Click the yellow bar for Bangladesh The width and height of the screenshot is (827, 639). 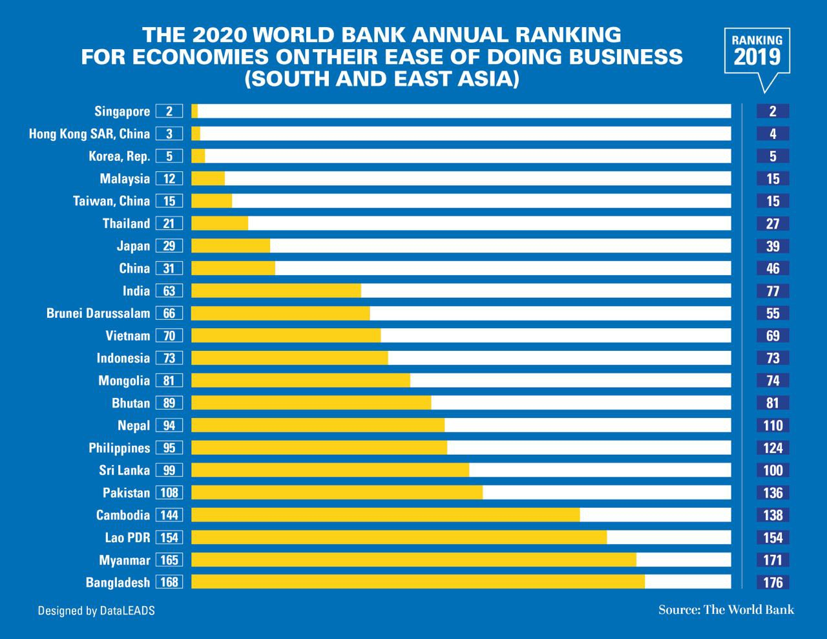tap(418, 581)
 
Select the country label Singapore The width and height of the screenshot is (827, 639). tap(122, 111)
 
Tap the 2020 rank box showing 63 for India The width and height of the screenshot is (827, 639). tap(169, 291)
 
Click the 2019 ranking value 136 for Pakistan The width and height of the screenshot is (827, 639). tap(773, 493)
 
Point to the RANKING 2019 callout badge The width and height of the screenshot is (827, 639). tap(757, 52)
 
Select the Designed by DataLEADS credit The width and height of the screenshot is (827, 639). tap(96, 610)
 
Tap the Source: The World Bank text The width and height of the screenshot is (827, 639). tap(726, 609)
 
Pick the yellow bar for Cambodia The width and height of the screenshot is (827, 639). tap(386, 515)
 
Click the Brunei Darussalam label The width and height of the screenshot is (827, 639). tap(98, 313)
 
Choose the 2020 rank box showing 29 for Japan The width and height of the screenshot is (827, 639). tap(169, 246)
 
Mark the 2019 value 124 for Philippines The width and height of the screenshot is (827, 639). tap(773, 448)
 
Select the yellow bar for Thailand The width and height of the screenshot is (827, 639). tap(220, 224)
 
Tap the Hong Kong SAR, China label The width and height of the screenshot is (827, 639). tap(89, 134)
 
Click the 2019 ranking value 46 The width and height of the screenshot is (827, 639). tap(773, 269)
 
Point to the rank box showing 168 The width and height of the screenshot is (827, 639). tap(169, 582)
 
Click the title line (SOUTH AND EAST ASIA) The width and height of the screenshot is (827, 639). tap(382, 79)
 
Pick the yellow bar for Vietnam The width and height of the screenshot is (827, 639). tap(286, 335)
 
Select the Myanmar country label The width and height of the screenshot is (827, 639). tap(124, 560)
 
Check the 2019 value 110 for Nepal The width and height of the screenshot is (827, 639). tap(773, 425)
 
